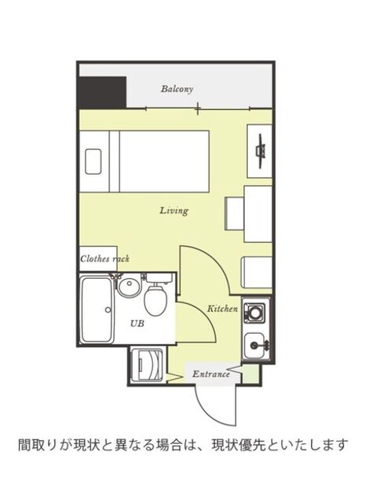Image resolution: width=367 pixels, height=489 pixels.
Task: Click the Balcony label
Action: pos(177,89)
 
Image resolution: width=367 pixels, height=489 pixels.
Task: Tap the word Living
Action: pos(174,211)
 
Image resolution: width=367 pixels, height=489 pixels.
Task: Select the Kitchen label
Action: pos(222,309)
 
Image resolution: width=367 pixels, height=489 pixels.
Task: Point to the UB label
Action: pos(137,323)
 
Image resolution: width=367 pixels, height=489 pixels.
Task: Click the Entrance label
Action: pos(211,374)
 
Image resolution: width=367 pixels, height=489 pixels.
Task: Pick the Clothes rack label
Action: pos(105,258)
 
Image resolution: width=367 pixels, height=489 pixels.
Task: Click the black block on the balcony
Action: pos(102,92)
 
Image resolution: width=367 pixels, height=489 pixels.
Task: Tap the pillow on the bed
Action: pos(93,161)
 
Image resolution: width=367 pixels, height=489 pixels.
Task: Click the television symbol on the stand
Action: pos(260,151)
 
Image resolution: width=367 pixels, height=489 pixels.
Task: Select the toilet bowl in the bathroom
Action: pos(155,300)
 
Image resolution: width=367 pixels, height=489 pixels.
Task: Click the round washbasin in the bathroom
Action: pos(128,287)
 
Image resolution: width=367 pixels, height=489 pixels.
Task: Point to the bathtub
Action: pos(97,310)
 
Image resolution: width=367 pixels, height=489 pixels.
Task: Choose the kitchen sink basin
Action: pos(254,345)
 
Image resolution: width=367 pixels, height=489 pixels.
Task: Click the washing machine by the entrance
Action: pos(147,365)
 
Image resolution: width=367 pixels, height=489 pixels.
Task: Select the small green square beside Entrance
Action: pos(250,374)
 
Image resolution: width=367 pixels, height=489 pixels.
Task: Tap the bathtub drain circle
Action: pos(108,309)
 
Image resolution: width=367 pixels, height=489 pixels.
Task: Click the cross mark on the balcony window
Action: pos(197,108)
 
